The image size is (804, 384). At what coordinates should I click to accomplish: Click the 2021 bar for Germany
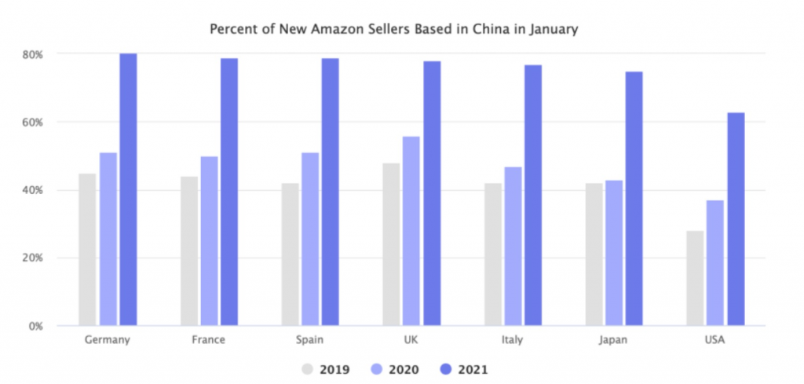pyautogui.click(x=128, y=189)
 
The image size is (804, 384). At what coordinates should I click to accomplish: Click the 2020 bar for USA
pyautogui.click(x=714, y=262)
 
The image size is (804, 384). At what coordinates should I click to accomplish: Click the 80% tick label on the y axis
pyautogui.click(x=32, y=54)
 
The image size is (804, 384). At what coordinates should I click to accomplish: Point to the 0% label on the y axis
pyautogui.click(x=35, y=325)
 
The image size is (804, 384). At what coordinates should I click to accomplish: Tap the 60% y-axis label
pyautogui.click(x=32, y=123)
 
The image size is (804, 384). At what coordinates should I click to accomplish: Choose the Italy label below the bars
pyautogui.click(x=513, y=340)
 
